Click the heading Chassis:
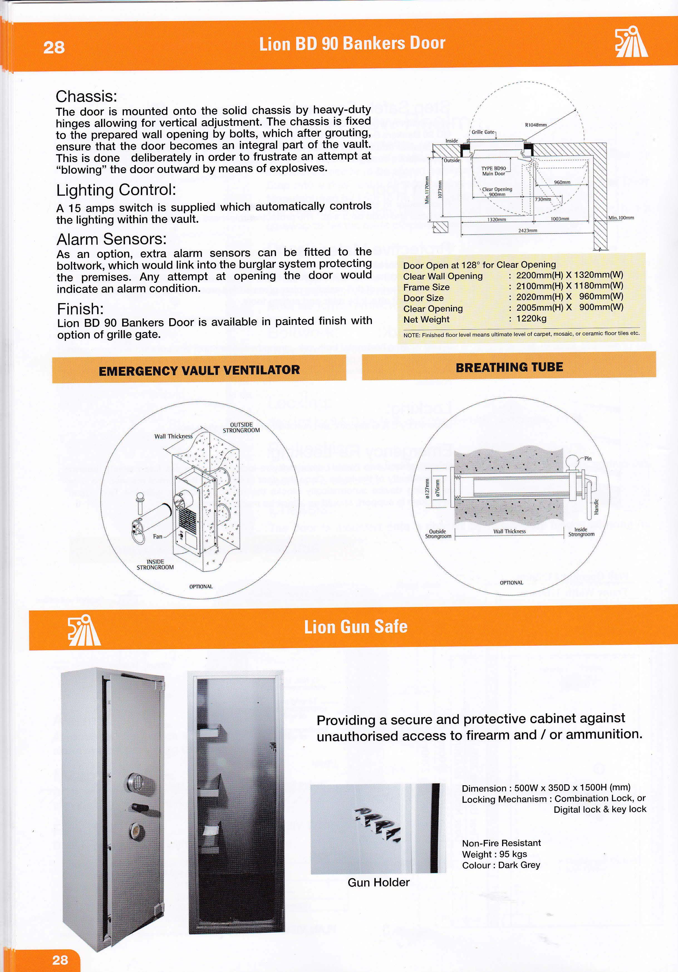86,97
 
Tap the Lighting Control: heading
116,190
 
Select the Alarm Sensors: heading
112,239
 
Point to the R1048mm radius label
536,125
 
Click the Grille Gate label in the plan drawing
483,132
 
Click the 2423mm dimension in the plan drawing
527,230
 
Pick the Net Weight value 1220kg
531,318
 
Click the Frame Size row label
426,287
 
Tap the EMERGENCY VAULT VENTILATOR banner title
199,370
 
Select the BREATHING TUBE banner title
509,367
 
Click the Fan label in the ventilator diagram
158,536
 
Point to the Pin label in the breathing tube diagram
588,458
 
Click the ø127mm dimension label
428,489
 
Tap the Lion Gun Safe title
355,627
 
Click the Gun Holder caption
378,882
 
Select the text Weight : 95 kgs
494,854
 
